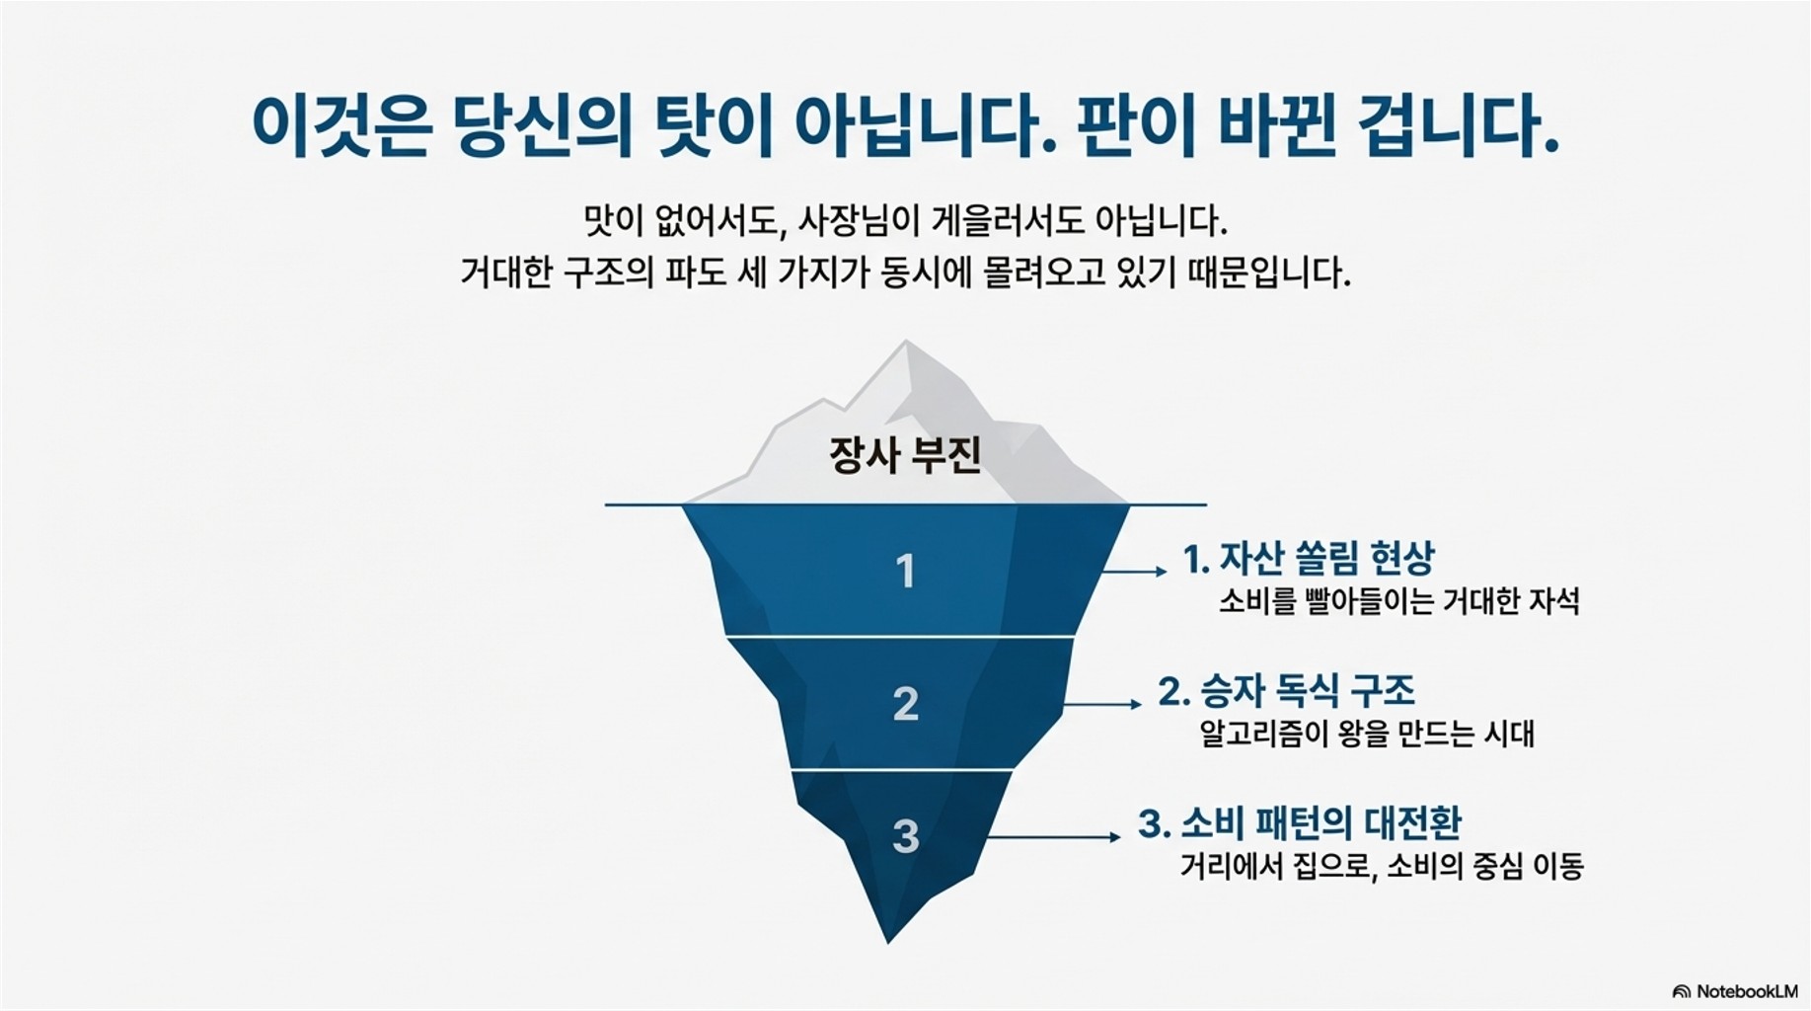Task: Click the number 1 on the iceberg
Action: click(905, 572)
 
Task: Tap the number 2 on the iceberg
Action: click(905, 704)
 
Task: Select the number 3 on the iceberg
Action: click(905, 836)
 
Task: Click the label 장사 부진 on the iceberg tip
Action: click(905, 455)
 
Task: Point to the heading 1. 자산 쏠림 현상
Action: click(1309, 559)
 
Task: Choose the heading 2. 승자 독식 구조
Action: click(1287, 691)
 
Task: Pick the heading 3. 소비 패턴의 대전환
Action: click(1299, 823)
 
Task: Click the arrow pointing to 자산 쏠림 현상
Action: click(1135, 572)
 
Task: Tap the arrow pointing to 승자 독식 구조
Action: click(1103, 704)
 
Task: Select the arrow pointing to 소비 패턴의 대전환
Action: click(1054, 837)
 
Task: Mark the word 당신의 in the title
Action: click(542, 126)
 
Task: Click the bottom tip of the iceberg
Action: click(888, 940)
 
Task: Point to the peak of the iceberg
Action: click(906, 343)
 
